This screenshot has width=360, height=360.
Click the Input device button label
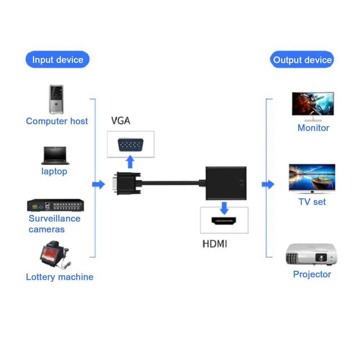pos(58,60)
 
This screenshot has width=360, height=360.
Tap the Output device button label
pos(302,60)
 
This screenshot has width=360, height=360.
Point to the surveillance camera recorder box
pos(56,205)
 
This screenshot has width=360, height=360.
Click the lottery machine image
pos(54,256)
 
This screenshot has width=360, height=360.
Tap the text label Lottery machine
pos(59,277)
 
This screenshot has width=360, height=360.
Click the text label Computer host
pos(57,121)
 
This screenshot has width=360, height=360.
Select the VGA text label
pos(120,121)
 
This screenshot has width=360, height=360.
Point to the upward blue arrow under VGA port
pos(131,162)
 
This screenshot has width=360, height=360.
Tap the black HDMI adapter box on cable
pos(226,183)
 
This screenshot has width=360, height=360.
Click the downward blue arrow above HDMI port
pos(224,208)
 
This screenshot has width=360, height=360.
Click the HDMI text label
pos(215,244)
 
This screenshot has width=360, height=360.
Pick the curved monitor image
pos(313,106)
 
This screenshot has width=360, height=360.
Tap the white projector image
pos(312,255)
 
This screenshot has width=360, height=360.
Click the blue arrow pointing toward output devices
pos(268,185)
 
